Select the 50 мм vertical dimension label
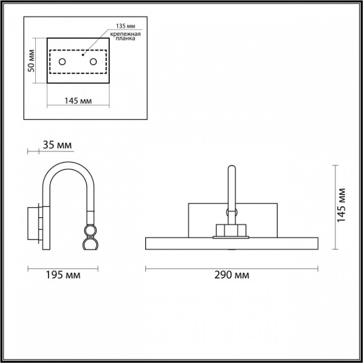pos(31,60)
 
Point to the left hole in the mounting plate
pos(62,62)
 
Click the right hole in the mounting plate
pos(94,62)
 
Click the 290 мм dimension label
pos(231,275)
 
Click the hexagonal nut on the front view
pos(231,230)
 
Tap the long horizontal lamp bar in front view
pos(231,244)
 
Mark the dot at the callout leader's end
pos(83,53)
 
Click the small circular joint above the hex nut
pos(231,213)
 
